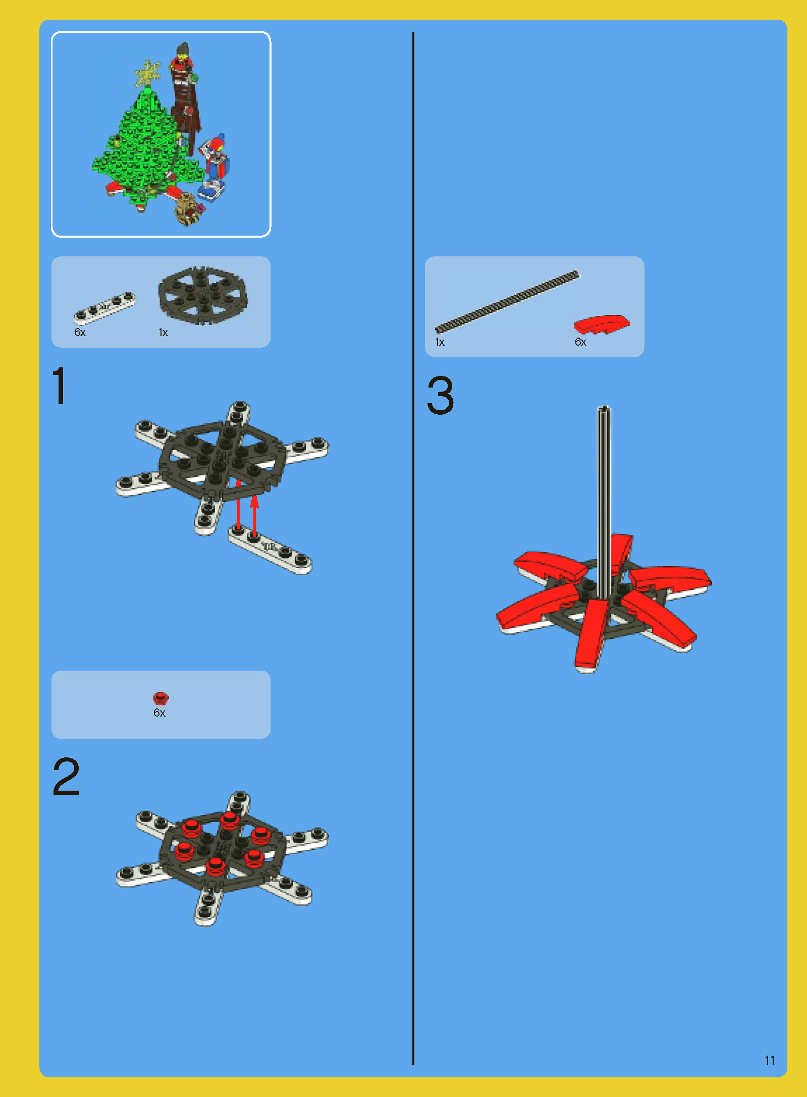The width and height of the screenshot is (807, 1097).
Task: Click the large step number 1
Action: pyautogui.click(x=60, y=386)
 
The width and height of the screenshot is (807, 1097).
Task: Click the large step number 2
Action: pyautogui.click(x=66, y=777)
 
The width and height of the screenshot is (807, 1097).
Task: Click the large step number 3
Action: pyautogui.click(x=441, y=395)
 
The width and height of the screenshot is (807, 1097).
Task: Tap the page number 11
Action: pyautogui.click(x=770, y=1060)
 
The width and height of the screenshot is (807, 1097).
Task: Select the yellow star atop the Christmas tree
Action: pyautogui.click(x=147, y=73)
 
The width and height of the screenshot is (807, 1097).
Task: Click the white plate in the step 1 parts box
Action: pyautogui.click(x=104, y=307)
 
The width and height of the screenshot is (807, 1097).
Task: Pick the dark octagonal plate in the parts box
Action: pyautogui.click(x=203, y=296)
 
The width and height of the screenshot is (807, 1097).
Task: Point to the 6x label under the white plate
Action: pyautogui.click(x=80, y=332)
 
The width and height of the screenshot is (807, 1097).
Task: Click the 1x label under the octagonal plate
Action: pyautogui.click(x=163, y=332)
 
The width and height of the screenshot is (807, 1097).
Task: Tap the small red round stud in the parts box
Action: pyautogui.click(x=160, y=698)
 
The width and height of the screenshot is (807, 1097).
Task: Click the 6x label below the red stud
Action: pyautogui.click(x=159, y=712)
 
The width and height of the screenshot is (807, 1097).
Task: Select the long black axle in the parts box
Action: pyautogui.click(x=508, y=302)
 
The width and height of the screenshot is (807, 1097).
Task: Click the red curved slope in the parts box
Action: pyautogui.click(x=602, y=324)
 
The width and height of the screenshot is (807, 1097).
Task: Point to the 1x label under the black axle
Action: pyautogui.click(x=440, y=342)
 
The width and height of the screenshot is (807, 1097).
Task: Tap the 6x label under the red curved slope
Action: pyautogui.click(x=580, y=342)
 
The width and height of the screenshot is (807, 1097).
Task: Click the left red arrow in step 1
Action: pyautogui.click(x=239, y=505)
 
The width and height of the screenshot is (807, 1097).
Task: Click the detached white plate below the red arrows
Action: pyautogui.click(x=270, y=549)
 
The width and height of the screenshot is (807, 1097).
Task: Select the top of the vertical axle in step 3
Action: pyautogui.click(x=604, y=408)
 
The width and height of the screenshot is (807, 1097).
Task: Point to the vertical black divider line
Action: pyautogui.click(x=413, y=548)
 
